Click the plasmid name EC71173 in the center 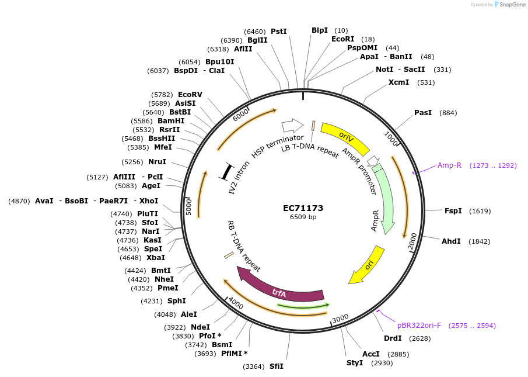(x=303, y=207)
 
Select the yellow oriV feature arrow (x=345, y=138)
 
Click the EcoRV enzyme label (x=190, y=94)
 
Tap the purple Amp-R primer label (x=449, y=165)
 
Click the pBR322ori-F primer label (x=419, y=325)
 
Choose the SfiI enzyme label (x=276, y=366)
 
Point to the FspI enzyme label (x=453, y=211)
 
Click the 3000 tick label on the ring (x=340, y=317)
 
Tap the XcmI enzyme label (x=398, y=82)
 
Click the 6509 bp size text (x=303, y=217)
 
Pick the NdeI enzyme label (x=200, y=327)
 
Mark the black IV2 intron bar (x=227, y=171)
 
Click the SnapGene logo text (x=509, y=5)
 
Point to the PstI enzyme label (x=279, y=32)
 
